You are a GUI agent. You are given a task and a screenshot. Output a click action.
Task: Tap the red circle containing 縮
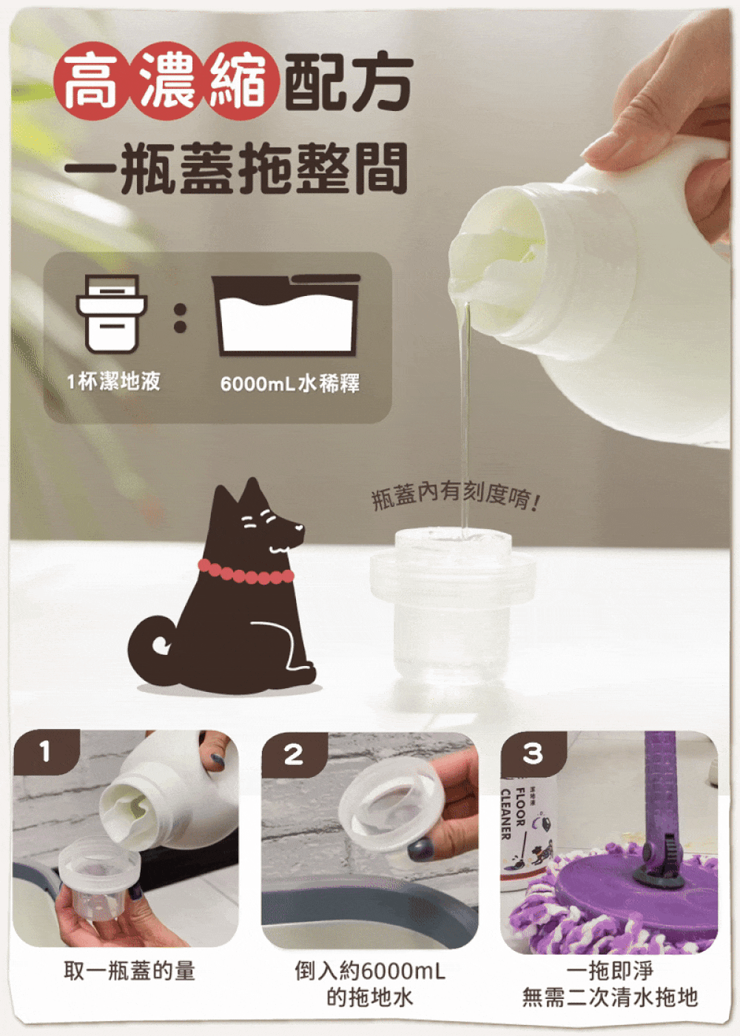point(243,84)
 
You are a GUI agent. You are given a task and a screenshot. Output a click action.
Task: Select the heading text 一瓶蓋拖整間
point(236,167)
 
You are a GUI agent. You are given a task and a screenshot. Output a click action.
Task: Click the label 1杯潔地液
point(114,382)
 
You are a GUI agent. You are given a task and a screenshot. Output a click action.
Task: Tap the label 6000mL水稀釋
point(290,383)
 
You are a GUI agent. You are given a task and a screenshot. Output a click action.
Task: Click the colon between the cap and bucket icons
point(181,318)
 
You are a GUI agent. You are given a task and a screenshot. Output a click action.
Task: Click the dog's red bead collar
point(246,574)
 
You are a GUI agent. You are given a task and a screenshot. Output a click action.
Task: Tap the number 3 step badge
point(534,753)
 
